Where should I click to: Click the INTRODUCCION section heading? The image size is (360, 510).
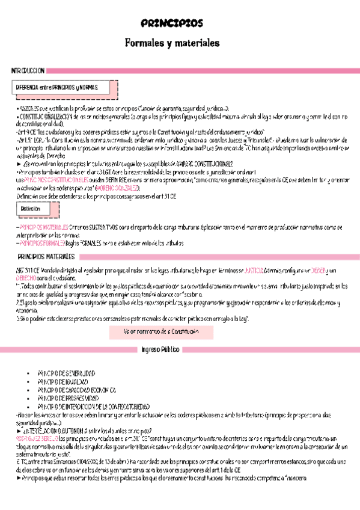(27, 71)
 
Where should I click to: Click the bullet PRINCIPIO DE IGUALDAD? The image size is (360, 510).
(62, 381)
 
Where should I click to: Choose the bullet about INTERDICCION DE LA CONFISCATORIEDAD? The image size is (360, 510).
(93, 406)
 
